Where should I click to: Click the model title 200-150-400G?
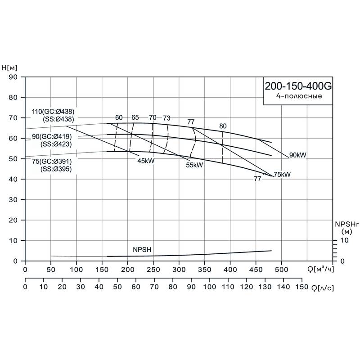(297, 86)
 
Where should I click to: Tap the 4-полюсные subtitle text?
(299, 96)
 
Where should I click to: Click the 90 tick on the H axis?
(13, 77)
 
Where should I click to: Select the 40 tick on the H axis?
(13, 179)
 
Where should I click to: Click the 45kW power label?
(146, 161)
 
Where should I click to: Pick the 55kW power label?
(194, 165)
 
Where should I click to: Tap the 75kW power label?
(282, 175)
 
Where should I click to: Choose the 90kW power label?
(297, 155)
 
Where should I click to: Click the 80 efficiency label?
(223, 126)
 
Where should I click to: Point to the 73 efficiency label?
(166, 118)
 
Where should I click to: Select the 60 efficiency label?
(119, 117)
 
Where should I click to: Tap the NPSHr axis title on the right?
(346, 224)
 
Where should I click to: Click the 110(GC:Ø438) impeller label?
(54, 112)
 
